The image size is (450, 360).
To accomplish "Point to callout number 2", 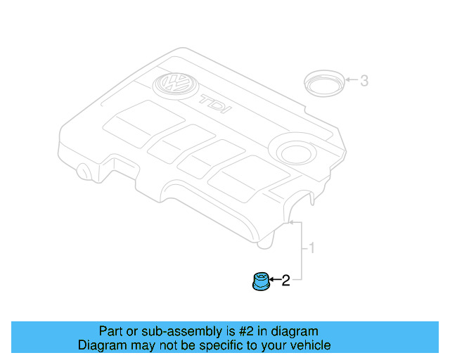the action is point(285,282).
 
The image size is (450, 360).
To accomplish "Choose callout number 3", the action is point(364,81).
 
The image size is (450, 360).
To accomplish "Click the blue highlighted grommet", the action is point(261,283).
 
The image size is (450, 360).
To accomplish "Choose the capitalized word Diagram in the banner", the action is point(101,346).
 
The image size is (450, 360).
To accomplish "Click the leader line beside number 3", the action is point(351,81).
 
